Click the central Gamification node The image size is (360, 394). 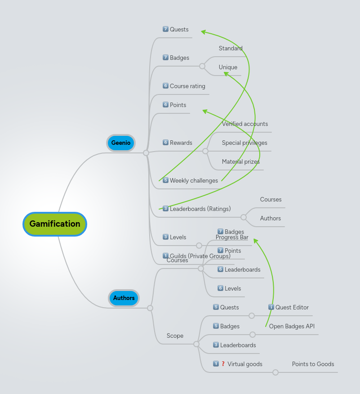click(55, 224)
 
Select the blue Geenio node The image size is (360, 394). click(121, 143)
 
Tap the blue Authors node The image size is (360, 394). click(124, 298)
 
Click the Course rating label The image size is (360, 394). click(187, 86)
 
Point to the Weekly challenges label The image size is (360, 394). click(194, 181)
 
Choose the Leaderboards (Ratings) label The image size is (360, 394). click(200, 209)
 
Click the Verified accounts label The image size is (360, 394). click(245, 124)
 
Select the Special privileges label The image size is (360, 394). click(244, 143)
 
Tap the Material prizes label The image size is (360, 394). click(241, 162)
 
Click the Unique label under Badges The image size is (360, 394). click(228, 67)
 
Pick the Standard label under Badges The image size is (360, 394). click(231, 49)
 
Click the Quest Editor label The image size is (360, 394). click(292, 308)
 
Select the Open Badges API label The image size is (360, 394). click(292, 327)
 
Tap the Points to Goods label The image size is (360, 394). click(313, 364)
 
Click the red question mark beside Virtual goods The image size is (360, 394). click(223, 364)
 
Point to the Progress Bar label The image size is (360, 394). click(232, 237)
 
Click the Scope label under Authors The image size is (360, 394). click(175, 336)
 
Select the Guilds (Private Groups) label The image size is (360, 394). click(200, 256)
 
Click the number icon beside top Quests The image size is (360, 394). click(165, 29)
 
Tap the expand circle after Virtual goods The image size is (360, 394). click(276, 372)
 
